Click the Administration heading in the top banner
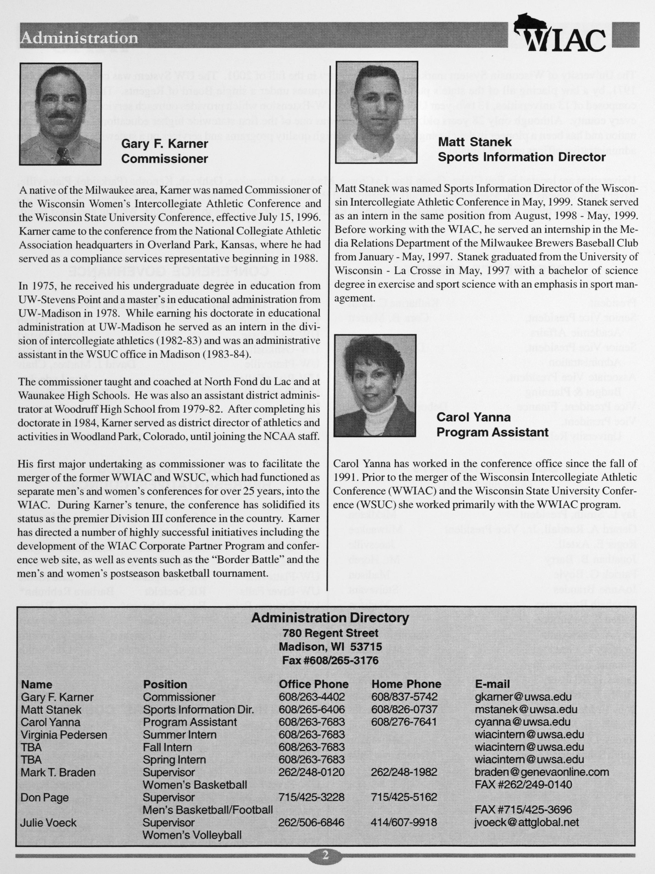[79, 38]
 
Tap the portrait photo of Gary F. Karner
[60, 114]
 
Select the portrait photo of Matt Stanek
[376, 112]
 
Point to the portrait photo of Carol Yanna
[375, 385]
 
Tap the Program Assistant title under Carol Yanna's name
[492, 432]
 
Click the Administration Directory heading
[330, 618]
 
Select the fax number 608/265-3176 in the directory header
[330, 660]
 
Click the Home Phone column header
[406, 684]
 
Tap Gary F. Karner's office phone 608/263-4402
[312, 697]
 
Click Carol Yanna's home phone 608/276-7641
[404, 722]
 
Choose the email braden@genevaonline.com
[541, 772]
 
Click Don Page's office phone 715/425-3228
[311, 797]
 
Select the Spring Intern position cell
[174, 759]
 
